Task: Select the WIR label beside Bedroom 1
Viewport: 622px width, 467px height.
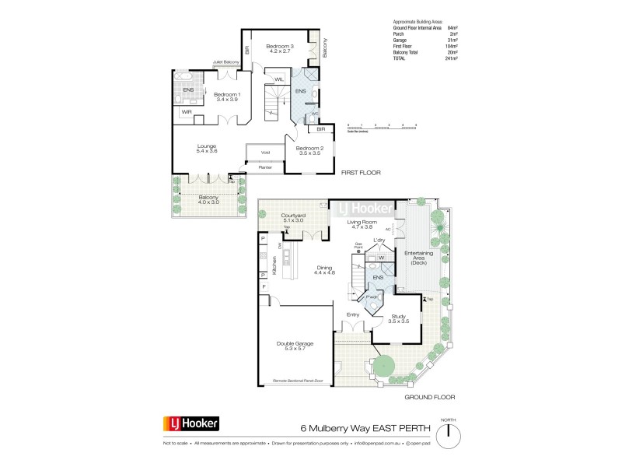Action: pyautogui.click(x=187, y=112)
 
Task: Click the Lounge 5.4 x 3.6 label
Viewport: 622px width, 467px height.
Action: pyautogui.click(x=207, y=149)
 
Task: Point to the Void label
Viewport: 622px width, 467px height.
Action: pyautogui.click(x=265, y=152)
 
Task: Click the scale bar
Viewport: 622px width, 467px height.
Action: pyautogui.click(x=383, y=124)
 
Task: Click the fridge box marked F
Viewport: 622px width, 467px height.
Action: pyautogui.click(x=264, y=288)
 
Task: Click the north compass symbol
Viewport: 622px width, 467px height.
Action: pyautogui.click(x=449, y=434)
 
